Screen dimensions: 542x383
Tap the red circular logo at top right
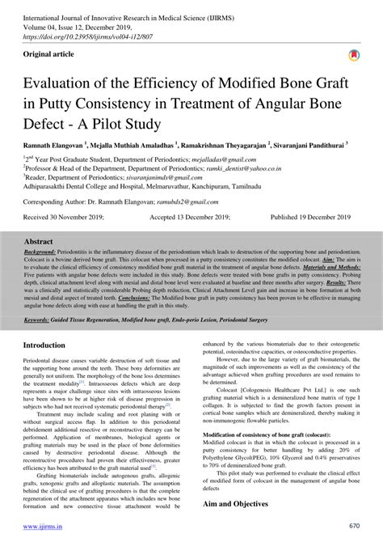pyautogui.click(x=354, y=57)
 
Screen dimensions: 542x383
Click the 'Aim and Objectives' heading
pyautogui.click(x=239, y=504)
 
